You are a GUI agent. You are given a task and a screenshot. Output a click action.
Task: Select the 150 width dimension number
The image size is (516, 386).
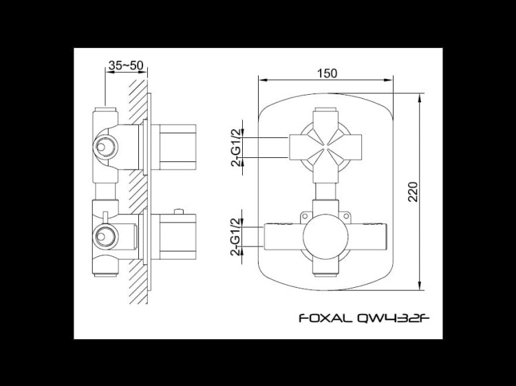coord(327,72)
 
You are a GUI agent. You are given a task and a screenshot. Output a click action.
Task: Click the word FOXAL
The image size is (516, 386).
coord(323,318)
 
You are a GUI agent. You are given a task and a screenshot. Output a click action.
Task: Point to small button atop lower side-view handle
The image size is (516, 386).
coord(180,210)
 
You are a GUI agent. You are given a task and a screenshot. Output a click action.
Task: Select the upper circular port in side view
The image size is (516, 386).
coord(105,146)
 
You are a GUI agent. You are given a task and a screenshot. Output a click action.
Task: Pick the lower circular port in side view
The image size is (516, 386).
coord(105,236)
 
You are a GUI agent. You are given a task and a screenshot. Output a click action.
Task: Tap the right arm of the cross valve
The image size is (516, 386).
coord(353,147)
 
